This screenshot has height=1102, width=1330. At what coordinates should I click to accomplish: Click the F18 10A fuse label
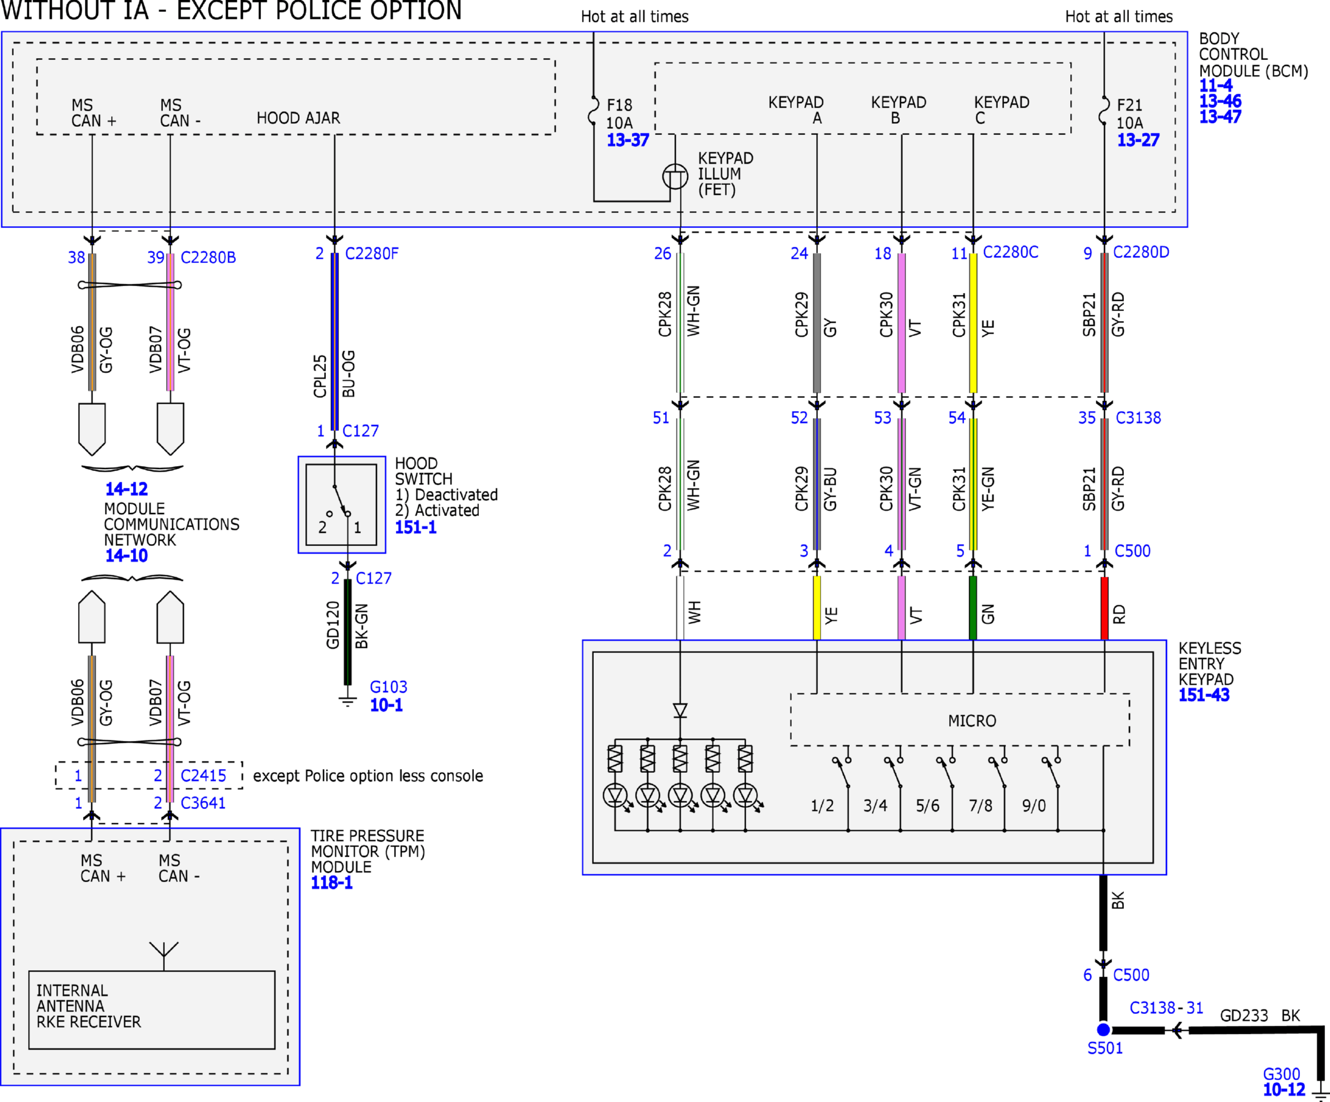619,114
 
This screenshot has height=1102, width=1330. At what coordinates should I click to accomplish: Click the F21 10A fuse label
1130,114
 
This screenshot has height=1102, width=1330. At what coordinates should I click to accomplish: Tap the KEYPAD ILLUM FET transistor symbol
675,176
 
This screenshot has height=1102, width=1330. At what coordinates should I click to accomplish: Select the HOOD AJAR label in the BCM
298,118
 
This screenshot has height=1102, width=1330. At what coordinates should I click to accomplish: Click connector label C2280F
372,254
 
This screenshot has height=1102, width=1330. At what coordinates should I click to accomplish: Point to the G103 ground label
388,687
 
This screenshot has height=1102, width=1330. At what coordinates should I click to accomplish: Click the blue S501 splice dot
1103,1030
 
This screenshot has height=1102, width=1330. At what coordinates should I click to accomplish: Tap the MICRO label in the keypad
972,720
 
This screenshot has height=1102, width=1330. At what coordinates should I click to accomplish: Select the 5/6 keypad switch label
928,805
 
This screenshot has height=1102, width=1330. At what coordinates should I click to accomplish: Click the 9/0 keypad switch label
1033,805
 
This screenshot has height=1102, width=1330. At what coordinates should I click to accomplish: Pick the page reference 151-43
1204,695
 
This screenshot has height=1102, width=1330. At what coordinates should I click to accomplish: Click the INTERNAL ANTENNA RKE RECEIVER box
152,1010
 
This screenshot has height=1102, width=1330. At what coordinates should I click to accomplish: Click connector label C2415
204,776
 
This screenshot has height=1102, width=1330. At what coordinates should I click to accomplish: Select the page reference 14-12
127,489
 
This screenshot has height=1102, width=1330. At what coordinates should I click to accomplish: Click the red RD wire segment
1105,608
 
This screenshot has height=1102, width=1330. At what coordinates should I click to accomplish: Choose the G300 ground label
1281,1074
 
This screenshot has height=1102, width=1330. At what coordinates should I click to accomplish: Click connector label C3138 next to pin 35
1138,417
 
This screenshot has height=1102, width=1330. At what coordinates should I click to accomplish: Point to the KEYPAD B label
898,111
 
